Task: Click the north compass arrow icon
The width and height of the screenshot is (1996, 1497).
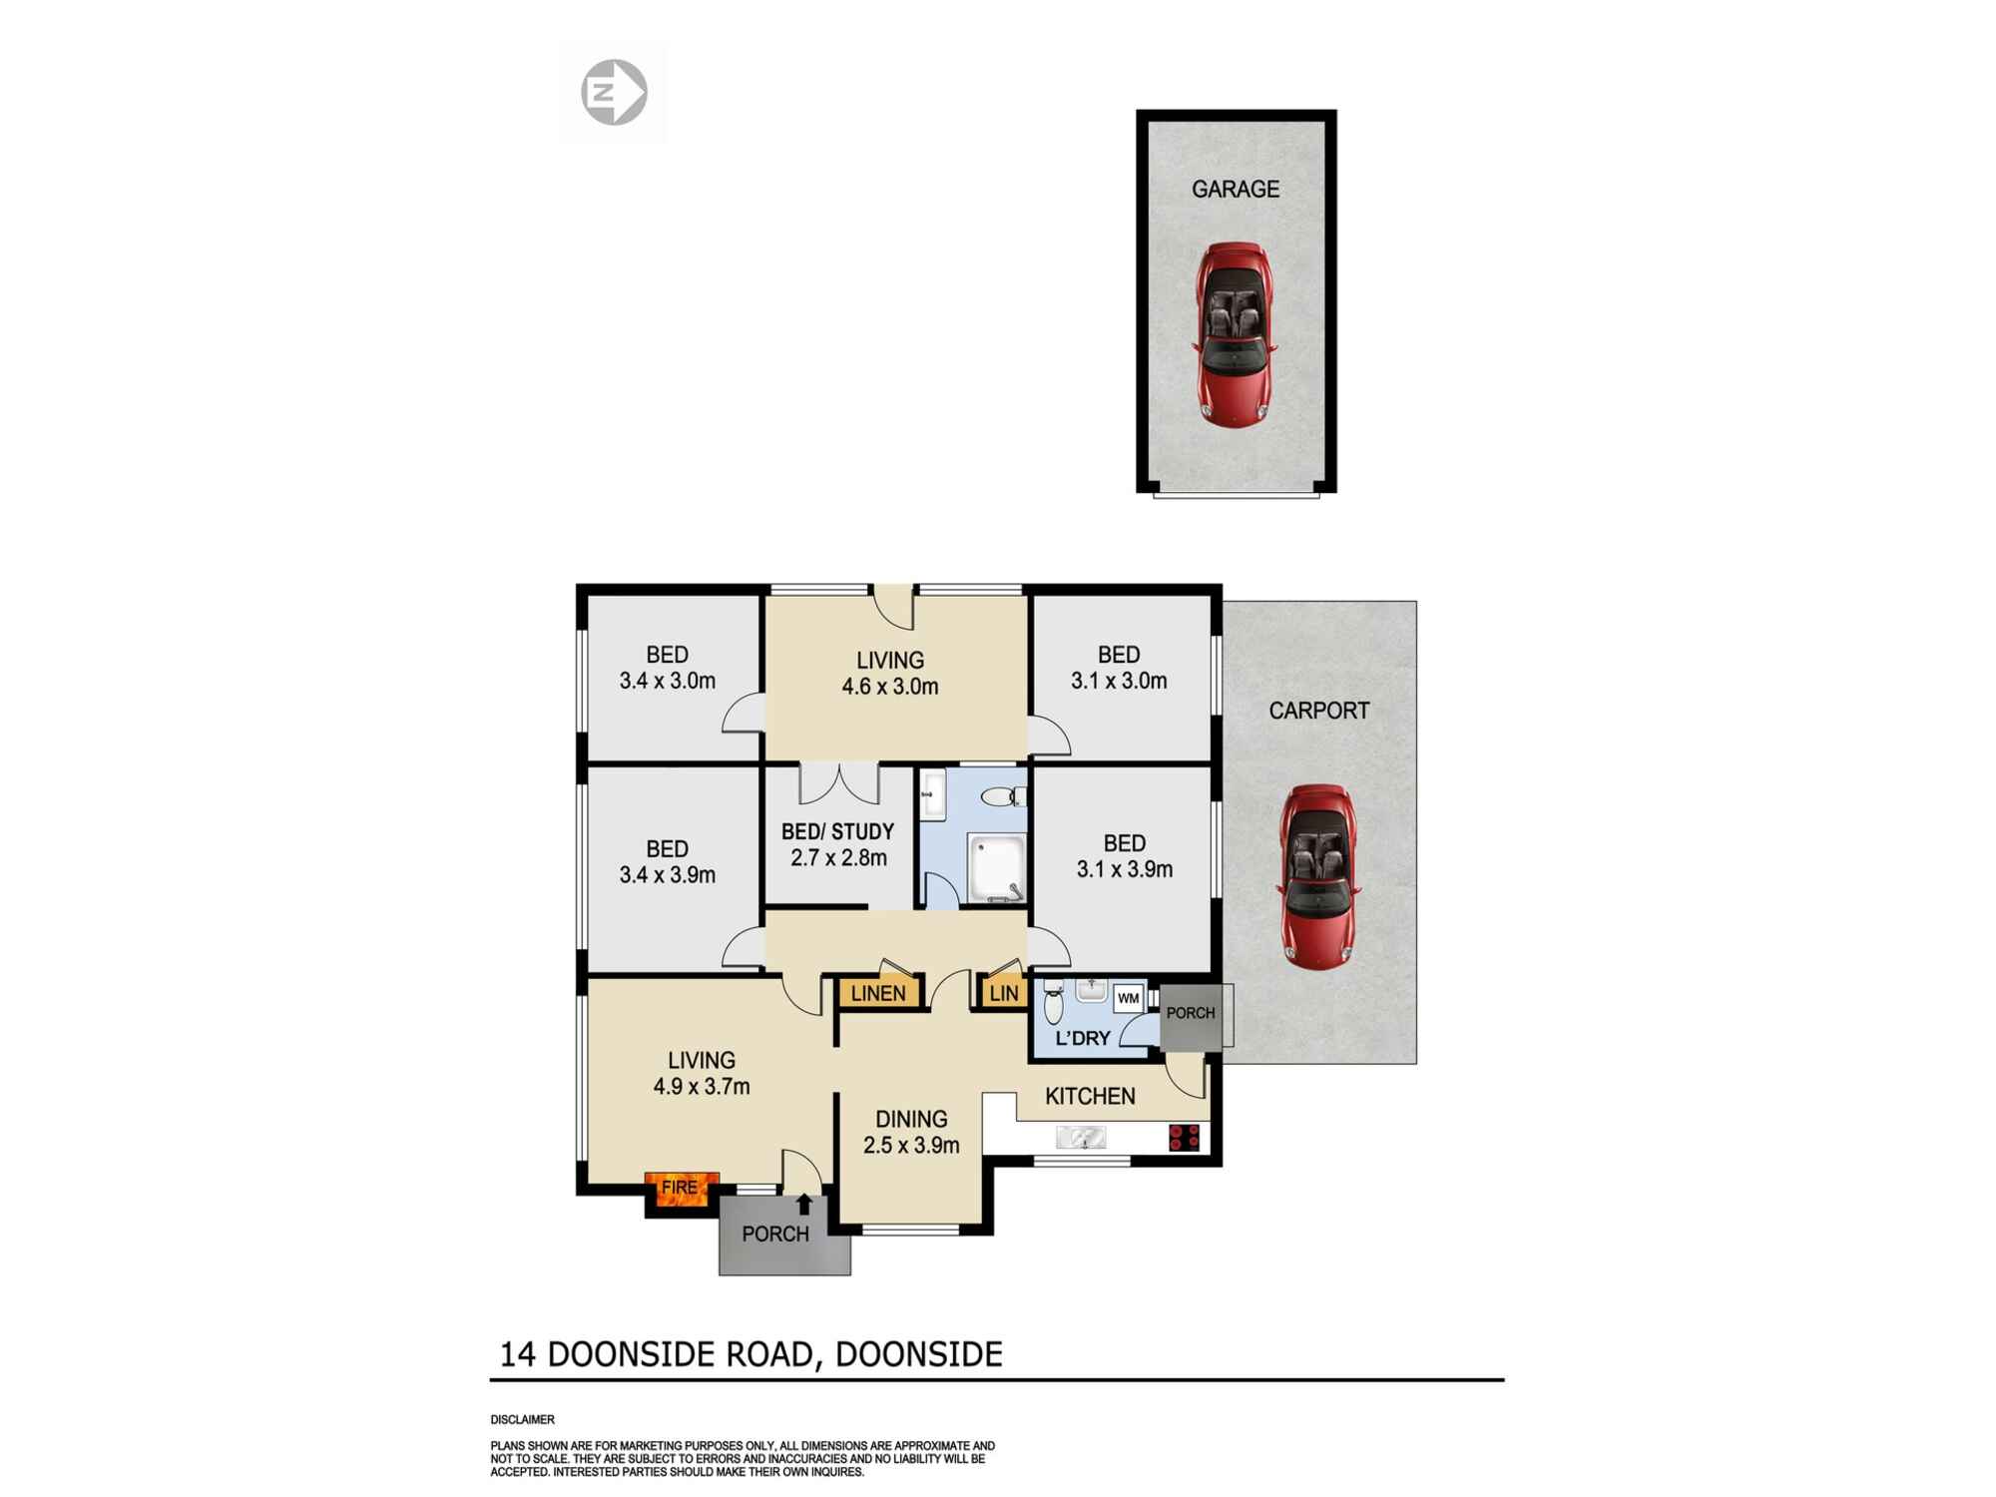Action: (614, 93)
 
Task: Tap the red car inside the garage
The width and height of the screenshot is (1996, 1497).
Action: (1235, 334)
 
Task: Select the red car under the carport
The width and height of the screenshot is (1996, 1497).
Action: (1317, 876)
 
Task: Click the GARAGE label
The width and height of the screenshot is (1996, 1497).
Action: (1235, 189)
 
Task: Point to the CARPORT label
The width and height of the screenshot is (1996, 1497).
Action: (1318, 711)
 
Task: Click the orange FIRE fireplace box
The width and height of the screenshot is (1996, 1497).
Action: (681, 1188)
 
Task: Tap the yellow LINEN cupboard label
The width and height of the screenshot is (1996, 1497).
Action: (878, 993)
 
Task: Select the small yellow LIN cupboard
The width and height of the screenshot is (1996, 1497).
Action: (1003, 993)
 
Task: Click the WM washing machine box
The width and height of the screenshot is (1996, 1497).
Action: (1128, 998)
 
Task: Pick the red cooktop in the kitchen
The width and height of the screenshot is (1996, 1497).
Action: (1184, 1137)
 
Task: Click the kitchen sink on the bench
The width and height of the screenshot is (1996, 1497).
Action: (1081, 1137)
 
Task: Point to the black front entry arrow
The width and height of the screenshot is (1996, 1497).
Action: (803, 1205)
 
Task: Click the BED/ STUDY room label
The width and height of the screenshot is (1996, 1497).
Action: (837, 831)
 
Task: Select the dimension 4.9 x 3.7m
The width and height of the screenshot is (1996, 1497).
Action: (702, 1086)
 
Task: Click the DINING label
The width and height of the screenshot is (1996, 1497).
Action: (911, 1120)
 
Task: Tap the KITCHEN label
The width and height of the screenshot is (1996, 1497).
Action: (1090, 1096)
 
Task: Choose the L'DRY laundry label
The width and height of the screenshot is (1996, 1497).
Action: (1083, 1038)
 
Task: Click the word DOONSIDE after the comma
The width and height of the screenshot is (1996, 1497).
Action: (918, 1354)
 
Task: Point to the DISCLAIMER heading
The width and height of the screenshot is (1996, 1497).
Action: (522, 1419)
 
